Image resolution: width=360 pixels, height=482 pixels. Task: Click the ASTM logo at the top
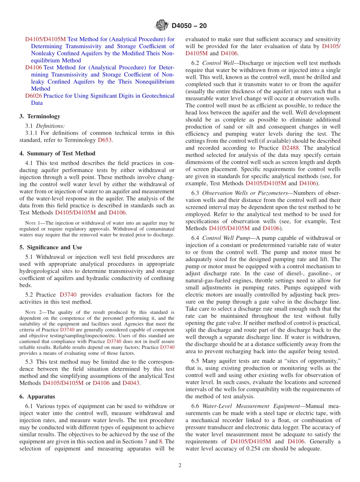pyautogui.click(x=162, y=26)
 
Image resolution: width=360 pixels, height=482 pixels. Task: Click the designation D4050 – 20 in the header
pyautogui.click(x=189, y=26)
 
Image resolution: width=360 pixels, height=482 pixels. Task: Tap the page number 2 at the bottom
pyautogui.click(x=180, y=465)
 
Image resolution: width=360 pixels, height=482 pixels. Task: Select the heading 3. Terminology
pyautogui.click(x=40, y=116)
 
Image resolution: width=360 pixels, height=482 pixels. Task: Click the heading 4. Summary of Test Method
pyautogui.click(x=57, y=153)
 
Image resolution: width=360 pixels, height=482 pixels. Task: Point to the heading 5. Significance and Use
pyautogui.click(x=51, y=247)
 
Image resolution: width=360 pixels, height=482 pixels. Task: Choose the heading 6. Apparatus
pyautogui.click(x=37, y=396)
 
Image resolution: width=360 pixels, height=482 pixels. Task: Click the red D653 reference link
pyautogui.click(x=105, y=140)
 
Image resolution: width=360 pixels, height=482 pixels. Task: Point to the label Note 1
pyautogui.click(x=32, y=223)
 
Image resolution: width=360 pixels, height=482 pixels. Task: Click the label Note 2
pyautogui.click(x=32, y=313)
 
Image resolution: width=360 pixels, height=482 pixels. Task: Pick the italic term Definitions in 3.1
pyautogui.click(x=50, y=125)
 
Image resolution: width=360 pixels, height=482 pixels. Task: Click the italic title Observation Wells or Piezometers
pyautogui.click(x=245, y=193)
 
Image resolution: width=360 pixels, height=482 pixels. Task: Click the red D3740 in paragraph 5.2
pyautogui.click(x=68, y=294)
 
